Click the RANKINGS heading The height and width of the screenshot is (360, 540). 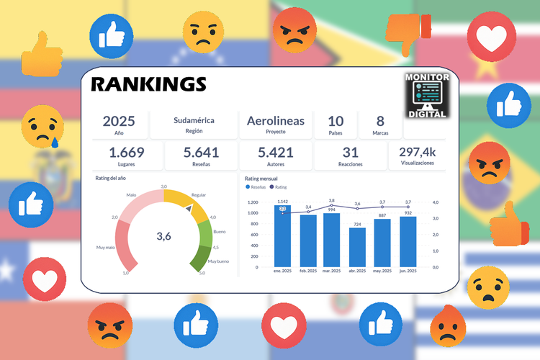pos(148,85)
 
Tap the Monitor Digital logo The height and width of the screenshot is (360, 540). pos(427,95)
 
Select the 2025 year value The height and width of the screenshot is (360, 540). pos(119,121)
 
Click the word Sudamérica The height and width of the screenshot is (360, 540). pos(194,120)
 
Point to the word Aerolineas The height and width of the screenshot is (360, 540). pos(276,120)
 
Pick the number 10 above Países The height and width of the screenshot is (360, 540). pos(336,121)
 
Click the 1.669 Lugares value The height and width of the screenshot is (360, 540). pos(127,152)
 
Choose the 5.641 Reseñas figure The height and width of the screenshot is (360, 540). pos(202,152)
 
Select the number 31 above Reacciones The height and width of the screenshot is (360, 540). pos(351,152)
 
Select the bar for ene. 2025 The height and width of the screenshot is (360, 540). pos(282,238)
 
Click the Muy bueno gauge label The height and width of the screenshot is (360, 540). pos(218,261)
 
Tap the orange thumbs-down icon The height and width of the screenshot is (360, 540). pos(407,32)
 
